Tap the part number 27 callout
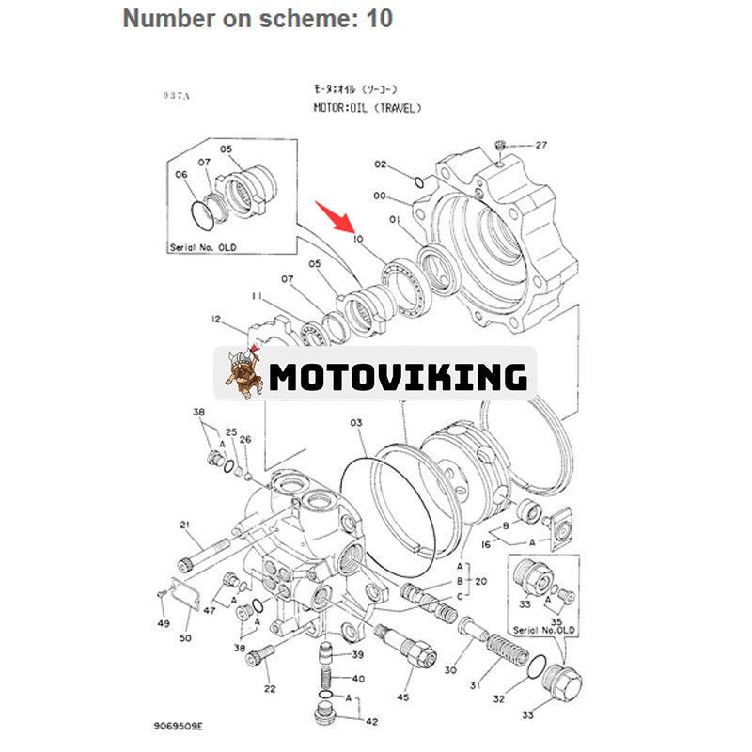coord(540,145)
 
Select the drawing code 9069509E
coord(179,727)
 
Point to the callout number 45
coord(403,697)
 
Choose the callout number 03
coord(356,423)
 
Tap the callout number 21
coord(185,525)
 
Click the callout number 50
coord(185,638)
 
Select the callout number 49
coord(164,623)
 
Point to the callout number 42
coord(371,721)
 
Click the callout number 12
coord(217,320)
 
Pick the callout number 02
coord(381,164)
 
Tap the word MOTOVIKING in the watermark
coord(398,376)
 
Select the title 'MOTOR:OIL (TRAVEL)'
coord(368,107)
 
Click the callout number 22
coord(270,689)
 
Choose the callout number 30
coord(450,670)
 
